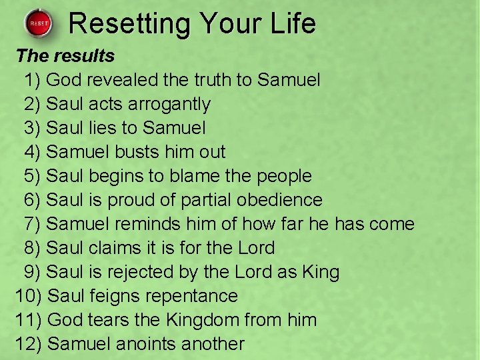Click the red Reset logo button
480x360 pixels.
(x=39, y=25)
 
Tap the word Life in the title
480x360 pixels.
(x=289, y=23)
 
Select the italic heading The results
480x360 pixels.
(x=65, y=55)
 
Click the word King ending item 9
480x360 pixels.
(x=319, y=272)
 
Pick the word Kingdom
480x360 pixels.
(x=201, y=320)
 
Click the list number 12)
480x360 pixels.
(x=29, y=344)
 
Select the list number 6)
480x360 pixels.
(x=33, y=200)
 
